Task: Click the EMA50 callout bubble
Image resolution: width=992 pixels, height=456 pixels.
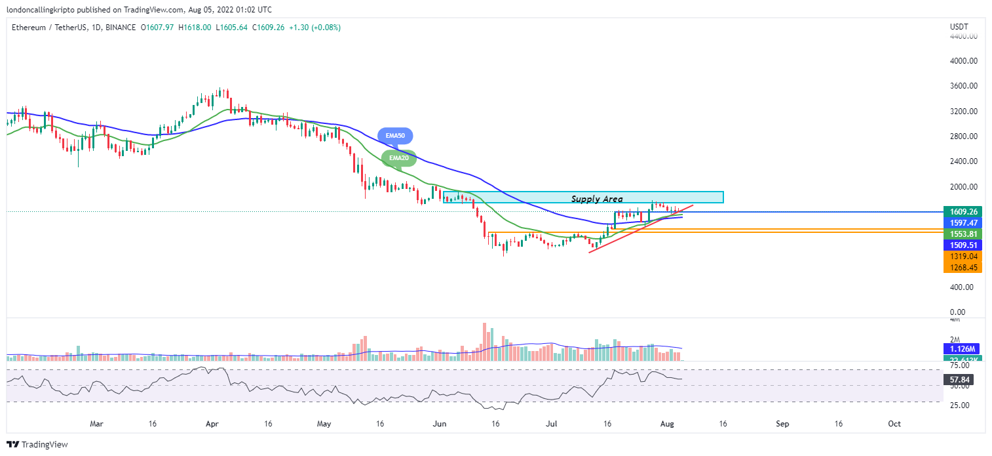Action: (395, 135)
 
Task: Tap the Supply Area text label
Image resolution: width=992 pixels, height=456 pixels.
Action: (596, 198)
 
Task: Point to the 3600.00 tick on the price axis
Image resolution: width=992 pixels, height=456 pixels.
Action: (963, 86)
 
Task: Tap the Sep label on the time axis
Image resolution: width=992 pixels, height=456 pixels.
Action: (782, 424)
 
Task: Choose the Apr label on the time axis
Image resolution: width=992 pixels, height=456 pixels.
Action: (212, 424)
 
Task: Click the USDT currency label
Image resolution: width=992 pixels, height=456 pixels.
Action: (959, 27)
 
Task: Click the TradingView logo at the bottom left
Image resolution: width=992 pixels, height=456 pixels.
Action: (38, 444)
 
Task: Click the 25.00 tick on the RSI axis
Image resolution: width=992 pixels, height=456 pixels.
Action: (960, 405)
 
